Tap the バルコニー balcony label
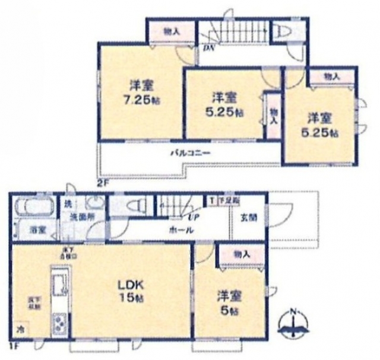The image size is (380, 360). (189, 152)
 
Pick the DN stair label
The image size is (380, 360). (208, 49)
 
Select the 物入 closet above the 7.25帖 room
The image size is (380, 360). (171, 32)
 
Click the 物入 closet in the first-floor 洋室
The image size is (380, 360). (242, 254)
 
